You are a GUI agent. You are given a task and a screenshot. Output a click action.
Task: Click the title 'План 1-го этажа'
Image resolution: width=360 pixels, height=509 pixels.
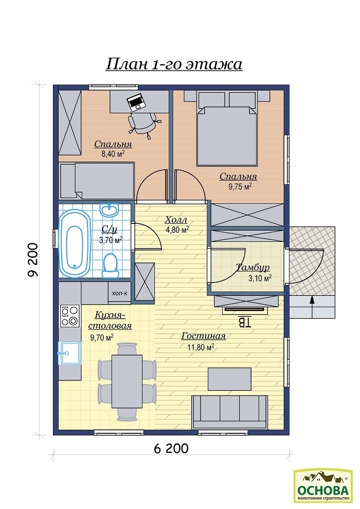click(174, 64)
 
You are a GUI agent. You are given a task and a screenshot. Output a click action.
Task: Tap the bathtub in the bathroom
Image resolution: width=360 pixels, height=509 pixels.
click(74, 243)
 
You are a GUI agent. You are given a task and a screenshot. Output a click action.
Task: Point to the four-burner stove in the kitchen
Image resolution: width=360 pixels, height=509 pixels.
click(70, 315)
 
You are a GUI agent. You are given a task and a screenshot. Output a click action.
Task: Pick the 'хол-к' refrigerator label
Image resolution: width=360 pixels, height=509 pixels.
click(120, 293)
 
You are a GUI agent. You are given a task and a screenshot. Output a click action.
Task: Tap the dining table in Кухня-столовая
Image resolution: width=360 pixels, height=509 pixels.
click(127, 381)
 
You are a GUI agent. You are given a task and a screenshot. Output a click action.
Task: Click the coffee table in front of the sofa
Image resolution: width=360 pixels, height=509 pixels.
click(229, 379)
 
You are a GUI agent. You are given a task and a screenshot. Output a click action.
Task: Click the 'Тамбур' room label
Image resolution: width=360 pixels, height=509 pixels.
click(253, 267)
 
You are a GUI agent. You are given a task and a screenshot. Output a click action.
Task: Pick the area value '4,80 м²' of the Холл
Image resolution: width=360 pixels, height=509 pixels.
click(177, 230)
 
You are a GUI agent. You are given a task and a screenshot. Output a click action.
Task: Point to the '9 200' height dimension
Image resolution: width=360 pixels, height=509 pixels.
click(33, 260)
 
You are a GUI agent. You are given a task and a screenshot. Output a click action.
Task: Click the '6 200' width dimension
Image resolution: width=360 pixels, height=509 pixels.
click(171, 448)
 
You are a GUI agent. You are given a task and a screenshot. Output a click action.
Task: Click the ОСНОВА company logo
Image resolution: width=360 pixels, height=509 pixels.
click(323, 485)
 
